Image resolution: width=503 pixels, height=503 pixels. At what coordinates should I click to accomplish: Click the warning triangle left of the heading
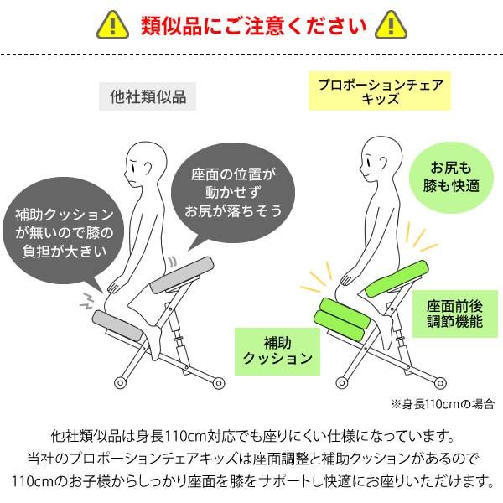coord(108,24)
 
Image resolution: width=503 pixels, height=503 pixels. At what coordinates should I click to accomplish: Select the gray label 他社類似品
coord(148,96)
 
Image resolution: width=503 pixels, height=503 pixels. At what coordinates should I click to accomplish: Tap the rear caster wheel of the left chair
coord(219,384)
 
